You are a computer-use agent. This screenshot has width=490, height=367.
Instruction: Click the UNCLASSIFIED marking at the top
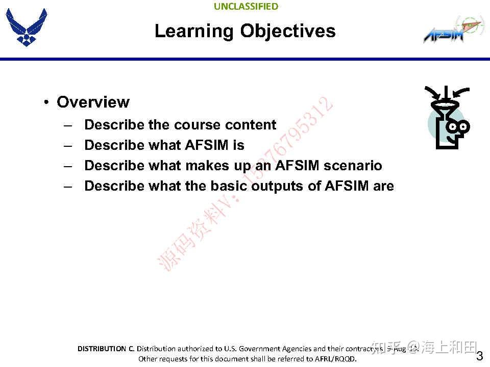(x=246, y=7)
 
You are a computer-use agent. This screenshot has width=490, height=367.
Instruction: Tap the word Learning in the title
(x=194, y=31)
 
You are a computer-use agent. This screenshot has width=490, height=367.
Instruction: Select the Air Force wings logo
(x=26, y=28)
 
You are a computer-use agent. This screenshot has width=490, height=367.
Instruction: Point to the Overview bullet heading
(x=93, y=102)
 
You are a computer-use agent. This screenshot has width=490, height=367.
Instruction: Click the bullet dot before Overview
(x=46, y=102)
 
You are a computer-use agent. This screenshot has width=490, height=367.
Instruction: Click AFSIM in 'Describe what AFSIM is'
(x=207, y=145)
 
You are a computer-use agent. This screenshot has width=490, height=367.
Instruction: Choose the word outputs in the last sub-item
(x=278, y=186)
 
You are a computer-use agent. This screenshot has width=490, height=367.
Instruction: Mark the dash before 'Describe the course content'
(x=68, y=125)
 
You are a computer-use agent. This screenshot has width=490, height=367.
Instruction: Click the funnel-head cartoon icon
(x=448, y=118)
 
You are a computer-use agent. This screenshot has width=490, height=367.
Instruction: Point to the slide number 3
(x=479, y=356)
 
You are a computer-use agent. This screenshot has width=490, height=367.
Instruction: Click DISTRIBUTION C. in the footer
(x=106, y=349)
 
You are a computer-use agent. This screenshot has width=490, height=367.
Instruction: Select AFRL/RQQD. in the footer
(x=334, y=359)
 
